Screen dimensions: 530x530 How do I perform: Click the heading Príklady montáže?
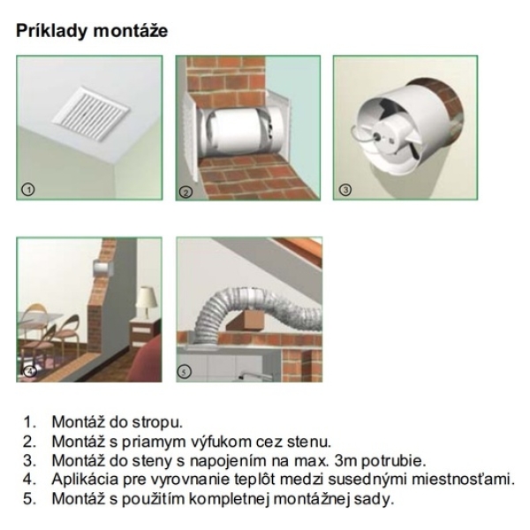(x=92, y=31)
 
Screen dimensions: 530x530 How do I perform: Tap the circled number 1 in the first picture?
(x=28, y=190)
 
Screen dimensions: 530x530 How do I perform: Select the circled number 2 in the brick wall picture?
(x=185, y=192)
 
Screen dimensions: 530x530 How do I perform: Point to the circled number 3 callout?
(x=345, y=190)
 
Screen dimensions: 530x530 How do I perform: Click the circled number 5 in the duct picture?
(x=185, y=372)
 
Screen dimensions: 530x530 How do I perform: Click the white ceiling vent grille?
(x=91, y=108)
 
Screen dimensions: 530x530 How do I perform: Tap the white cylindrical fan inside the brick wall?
(x=237, y=132)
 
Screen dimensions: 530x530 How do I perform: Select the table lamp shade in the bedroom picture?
(x=147, y=297)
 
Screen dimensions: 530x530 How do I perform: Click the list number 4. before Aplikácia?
(x=30, y=480)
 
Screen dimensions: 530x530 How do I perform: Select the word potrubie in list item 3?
(x=393, y=461)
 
